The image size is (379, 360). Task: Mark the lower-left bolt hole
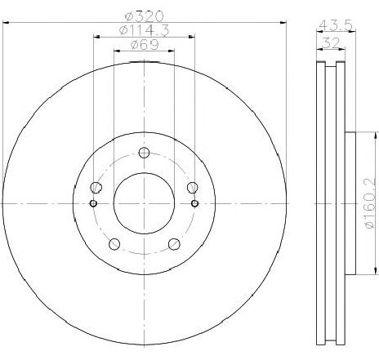coord(114,242)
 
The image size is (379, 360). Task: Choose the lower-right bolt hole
coord(173,242)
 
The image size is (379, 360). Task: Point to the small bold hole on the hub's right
coord(194,203)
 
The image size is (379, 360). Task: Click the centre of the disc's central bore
coord(144,202)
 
